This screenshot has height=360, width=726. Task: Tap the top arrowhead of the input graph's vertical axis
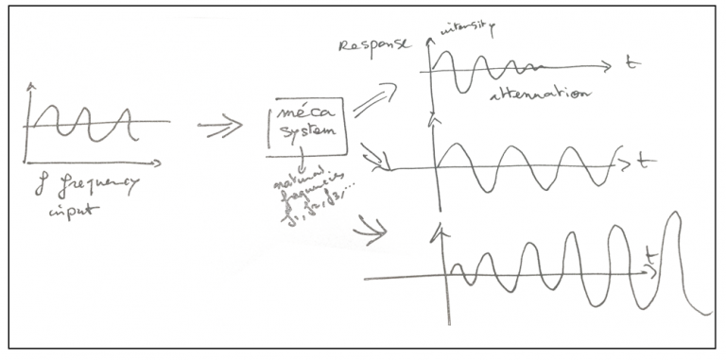pyautogui.click(x=31, y=88)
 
